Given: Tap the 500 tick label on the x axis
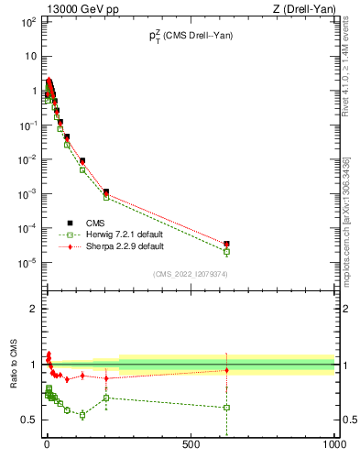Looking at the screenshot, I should click(x=191, y=446).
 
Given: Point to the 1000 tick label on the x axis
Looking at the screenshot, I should click(x=333, y=446).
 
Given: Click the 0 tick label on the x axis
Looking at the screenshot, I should click(x=46, y=446).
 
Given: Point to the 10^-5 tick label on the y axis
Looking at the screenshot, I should click(x=26, y=263).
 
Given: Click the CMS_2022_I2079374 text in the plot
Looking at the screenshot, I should click(x=190, y=274).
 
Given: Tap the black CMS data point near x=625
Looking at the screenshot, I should click(x=226, y=244).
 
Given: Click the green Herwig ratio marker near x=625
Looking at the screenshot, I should click(x=226, y=407).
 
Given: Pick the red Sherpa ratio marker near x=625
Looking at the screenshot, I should click(x=226, y=370).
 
